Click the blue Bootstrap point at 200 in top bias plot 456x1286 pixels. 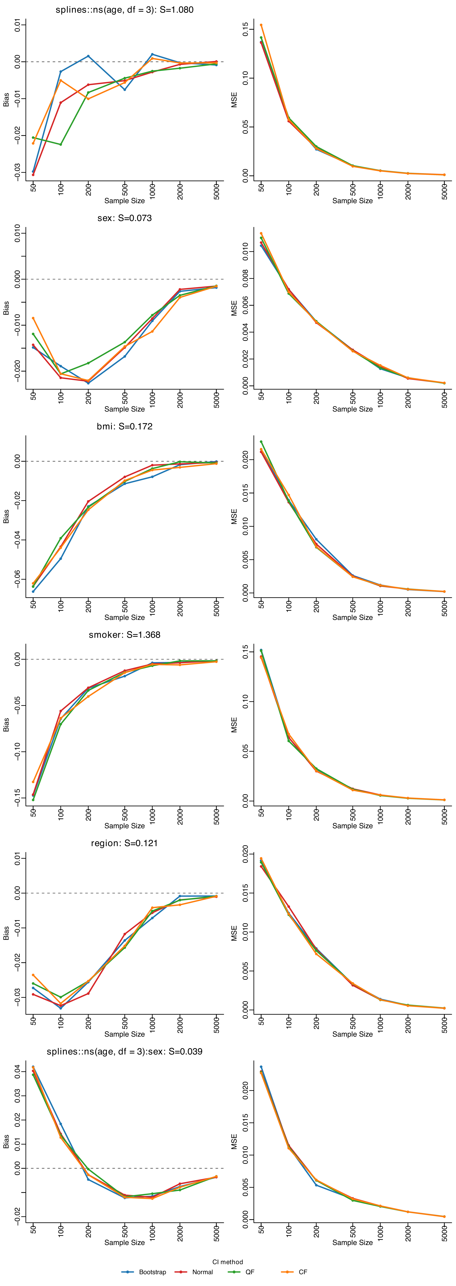(88, 56)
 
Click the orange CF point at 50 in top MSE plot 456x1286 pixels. (261, 25)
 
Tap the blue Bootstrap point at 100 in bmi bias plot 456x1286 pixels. (61, 559)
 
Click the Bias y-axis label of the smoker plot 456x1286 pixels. (6, 725)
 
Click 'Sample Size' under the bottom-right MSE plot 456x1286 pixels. (353, 1243)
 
